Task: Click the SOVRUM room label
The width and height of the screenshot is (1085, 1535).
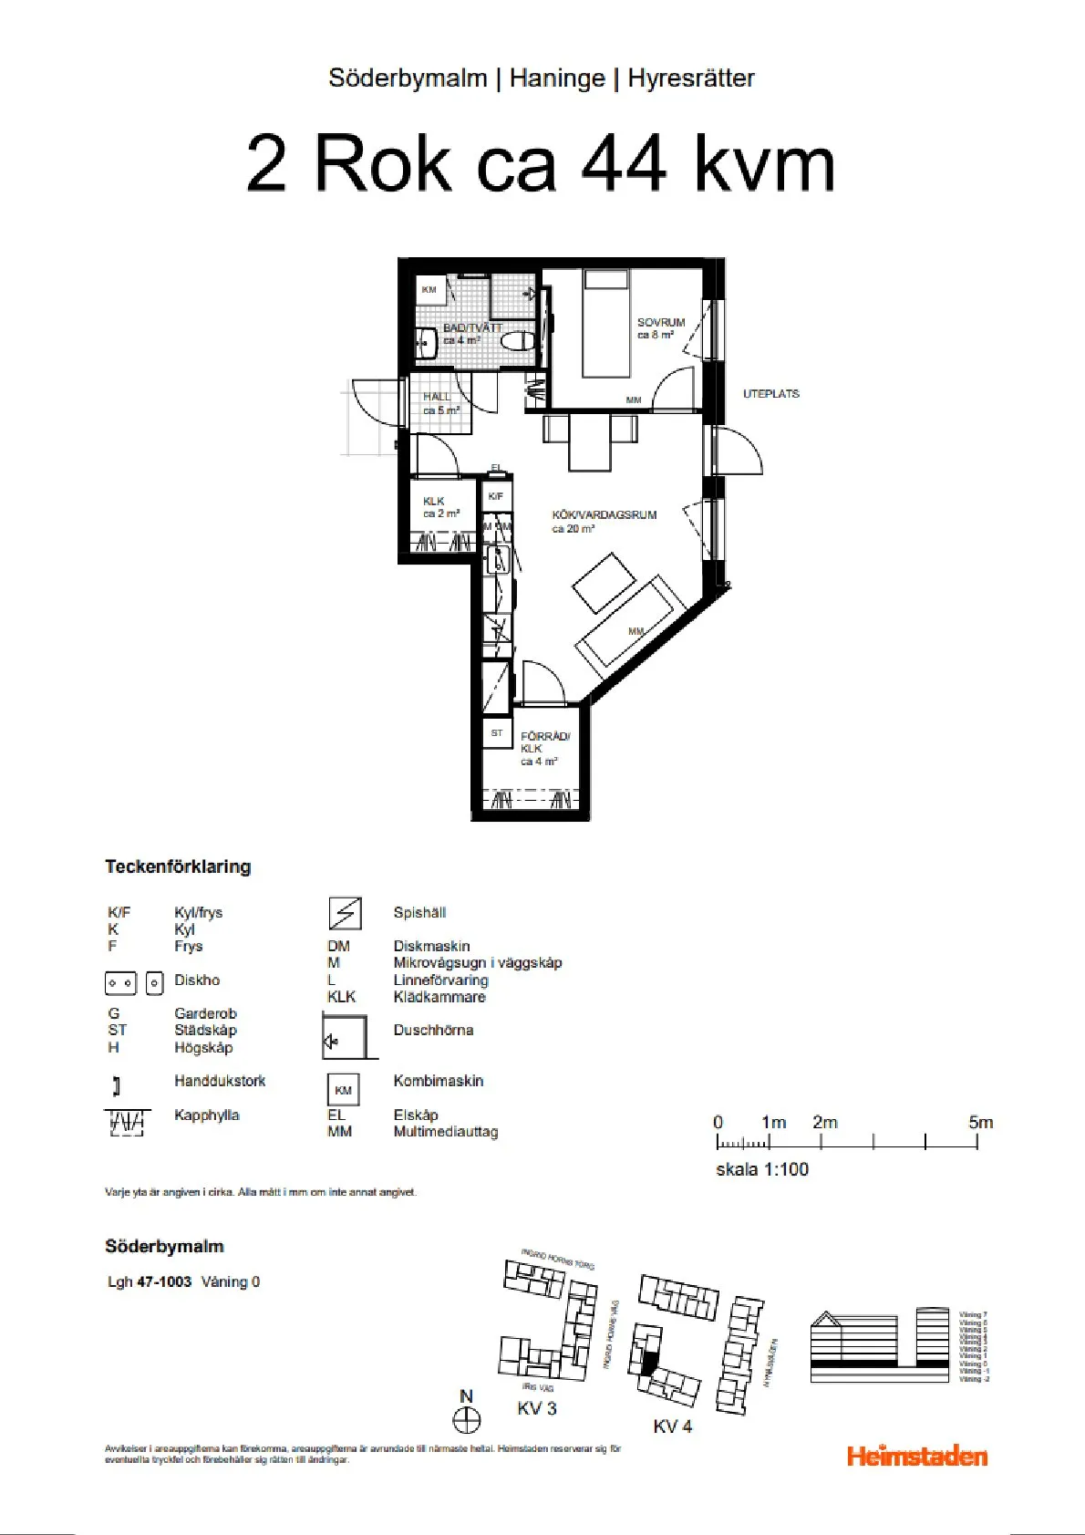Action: point(660,323)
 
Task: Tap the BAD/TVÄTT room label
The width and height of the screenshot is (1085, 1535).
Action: point(472,328)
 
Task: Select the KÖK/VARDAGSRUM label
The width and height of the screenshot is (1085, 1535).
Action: point(604,515)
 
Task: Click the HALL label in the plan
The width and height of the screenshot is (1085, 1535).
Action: point(437,398)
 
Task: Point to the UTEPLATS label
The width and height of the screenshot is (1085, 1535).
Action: point(770,394)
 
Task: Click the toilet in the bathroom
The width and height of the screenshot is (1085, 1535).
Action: point(519,343)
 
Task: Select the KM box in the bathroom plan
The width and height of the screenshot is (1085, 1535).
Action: point(429,290)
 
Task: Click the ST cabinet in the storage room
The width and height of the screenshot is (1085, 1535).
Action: point(497,733)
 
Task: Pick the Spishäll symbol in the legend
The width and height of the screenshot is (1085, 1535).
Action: point(345,913)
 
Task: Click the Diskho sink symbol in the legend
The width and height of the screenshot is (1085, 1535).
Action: point(133,983)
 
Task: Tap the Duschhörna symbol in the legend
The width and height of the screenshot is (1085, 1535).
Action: point(346,1038)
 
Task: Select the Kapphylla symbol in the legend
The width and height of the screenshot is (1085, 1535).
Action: point(125,1123)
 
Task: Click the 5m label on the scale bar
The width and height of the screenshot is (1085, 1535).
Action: point(980,1123)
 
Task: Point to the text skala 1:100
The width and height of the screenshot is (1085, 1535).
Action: point(761,1169)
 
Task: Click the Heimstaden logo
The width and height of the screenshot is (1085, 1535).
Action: point(916,1456)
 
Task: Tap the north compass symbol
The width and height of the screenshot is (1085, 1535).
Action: point(467,1420)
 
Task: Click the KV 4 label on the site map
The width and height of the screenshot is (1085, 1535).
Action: point(672,1426)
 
